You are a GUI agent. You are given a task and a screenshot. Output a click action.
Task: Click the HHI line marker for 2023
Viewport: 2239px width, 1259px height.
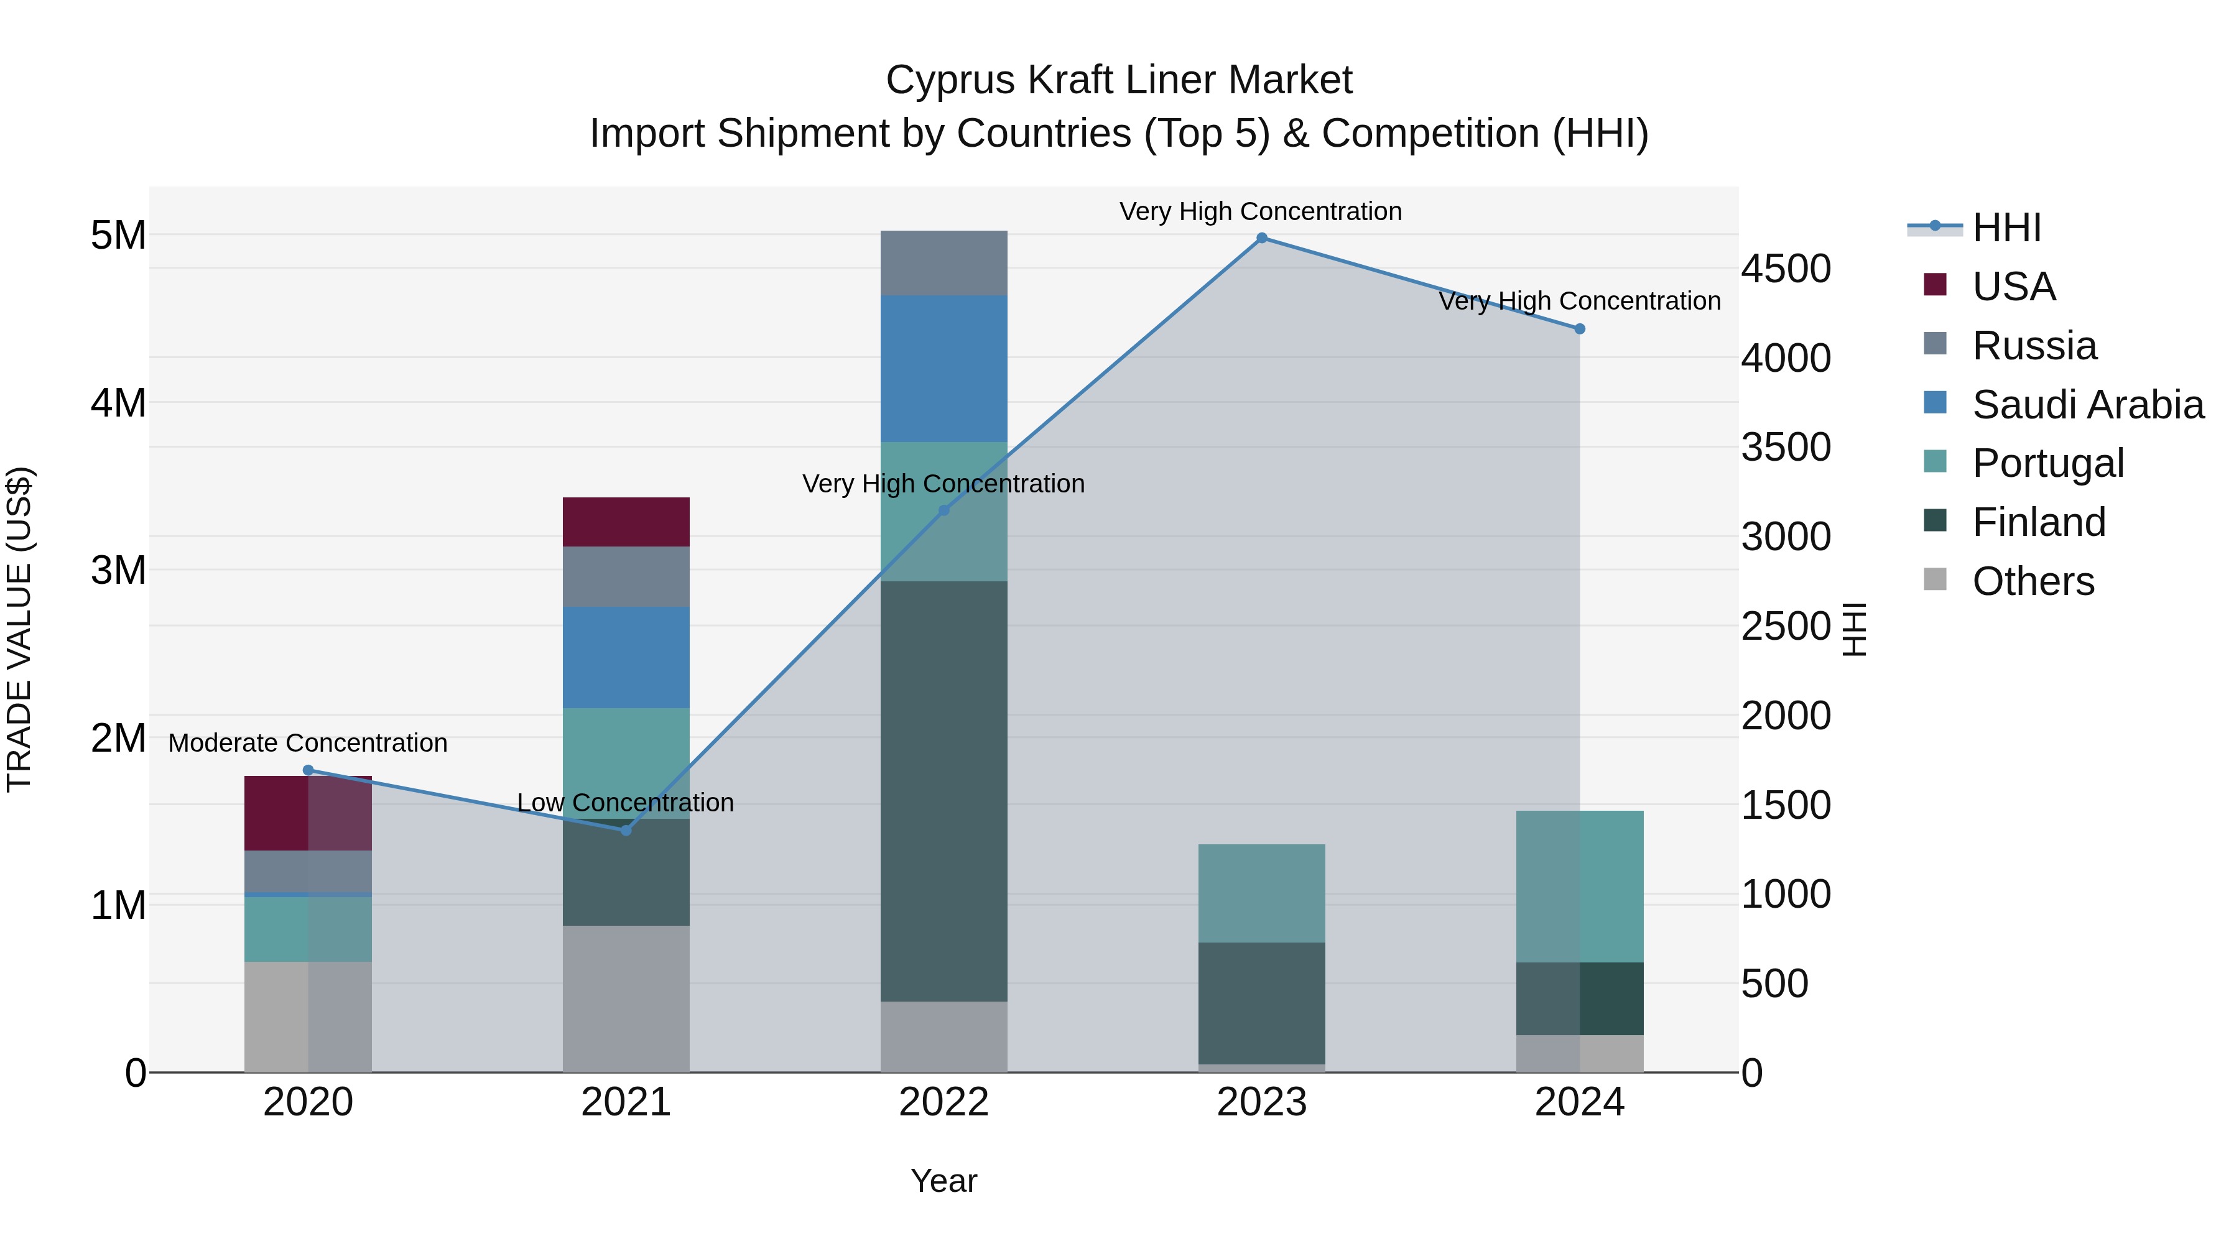1262,238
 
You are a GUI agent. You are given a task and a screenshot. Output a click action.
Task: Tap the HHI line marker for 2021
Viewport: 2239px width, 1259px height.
626,830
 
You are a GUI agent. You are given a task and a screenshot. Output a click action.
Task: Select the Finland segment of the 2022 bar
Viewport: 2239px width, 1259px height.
944,791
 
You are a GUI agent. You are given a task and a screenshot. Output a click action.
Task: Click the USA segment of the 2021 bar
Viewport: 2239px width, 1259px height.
626,522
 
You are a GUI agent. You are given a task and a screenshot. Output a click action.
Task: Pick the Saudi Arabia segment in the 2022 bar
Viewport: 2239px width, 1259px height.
944,369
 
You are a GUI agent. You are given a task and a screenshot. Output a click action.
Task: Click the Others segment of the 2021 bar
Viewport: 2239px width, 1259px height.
626,998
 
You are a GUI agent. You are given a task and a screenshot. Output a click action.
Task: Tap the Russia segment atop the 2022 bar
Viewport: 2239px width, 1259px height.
944,262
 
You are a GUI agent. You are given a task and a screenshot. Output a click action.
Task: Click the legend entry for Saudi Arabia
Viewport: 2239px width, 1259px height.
2086,405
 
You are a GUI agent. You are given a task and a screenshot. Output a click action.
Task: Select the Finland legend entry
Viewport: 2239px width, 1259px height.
2038,522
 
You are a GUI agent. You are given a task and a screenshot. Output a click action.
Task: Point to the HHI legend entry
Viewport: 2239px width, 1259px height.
2006,228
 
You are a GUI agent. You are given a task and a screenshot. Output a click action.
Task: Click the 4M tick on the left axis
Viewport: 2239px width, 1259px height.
118,403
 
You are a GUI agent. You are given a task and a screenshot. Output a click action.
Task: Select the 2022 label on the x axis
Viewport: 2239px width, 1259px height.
944,1102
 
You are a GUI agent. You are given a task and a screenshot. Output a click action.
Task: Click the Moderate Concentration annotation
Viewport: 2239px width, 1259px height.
308,743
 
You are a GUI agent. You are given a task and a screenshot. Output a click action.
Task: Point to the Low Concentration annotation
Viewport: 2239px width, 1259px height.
626,802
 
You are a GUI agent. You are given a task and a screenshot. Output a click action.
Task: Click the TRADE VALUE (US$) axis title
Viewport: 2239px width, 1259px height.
19,629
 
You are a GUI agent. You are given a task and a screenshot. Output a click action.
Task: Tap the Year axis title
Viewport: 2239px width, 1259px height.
944,1181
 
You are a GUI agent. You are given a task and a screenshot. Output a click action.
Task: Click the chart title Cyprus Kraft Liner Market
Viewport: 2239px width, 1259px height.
1119,80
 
